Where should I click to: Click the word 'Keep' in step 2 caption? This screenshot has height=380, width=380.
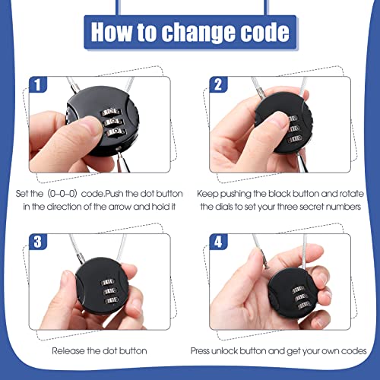coord(208,193)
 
